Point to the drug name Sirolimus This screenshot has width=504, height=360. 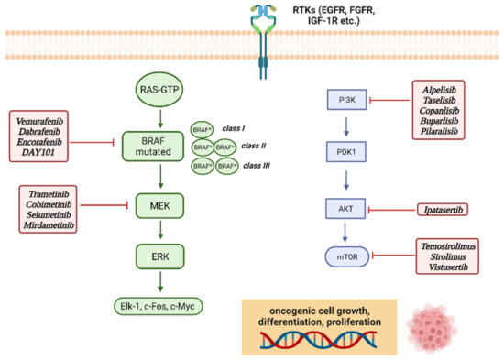pyautogui.click(x=446, y=260)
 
